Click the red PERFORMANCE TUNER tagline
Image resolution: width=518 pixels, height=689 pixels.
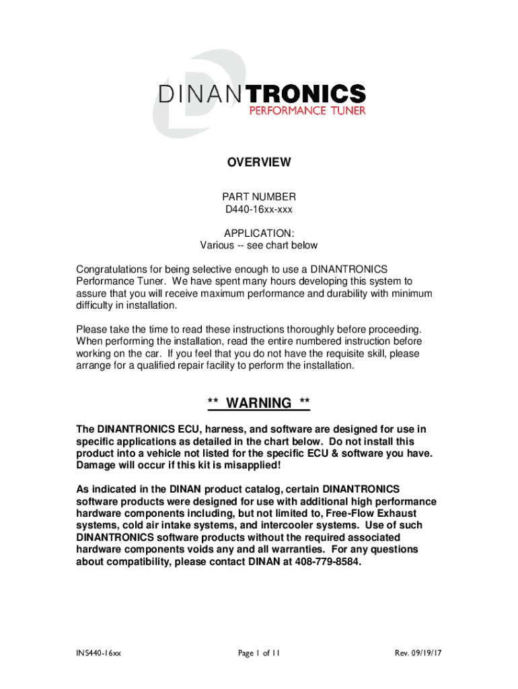(x=307, y=110)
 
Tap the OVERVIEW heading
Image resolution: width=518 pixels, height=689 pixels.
(x=259, y=162)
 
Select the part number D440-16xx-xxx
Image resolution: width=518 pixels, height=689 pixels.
(x=259, y=209)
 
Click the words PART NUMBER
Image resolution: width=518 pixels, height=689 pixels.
(x=259, y=196)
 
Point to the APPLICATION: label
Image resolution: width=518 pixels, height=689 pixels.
(x=259, y=233)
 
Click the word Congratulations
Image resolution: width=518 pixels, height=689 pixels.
(x=114, y=269)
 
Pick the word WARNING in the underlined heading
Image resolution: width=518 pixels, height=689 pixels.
(x=259, y=403)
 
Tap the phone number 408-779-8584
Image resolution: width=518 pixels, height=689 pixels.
(x=328, y=562)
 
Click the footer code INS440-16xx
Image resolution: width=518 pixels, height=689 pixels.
(x=98, y=653)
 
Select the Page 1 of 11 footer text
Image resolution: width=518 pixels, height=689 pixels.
(x=259, y=653)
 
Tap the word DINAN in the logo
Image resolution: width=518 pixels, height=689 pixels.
(x=199, y=94)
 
